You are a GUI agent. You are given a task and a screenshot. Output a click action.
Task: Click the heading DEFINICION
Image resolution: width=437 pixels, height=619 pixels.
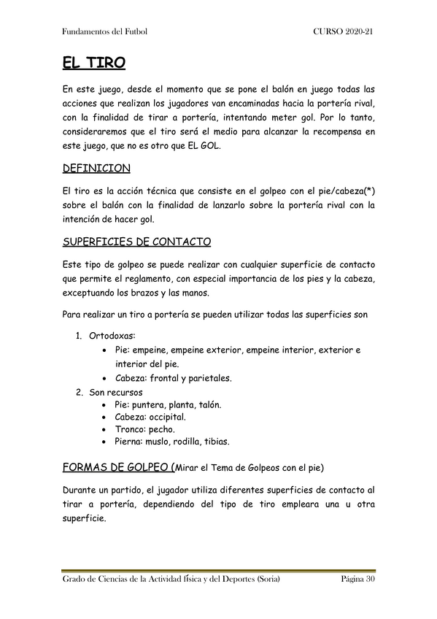click(x=96, y=169)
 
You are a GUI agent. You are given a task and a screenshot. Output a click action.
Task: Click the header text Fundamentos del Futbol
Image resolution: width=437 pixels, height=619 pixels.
click(x=104, y=32)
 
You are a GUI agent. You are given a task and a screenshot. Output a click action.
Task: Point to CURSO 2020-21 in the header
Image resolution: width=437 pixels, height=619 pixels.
click(x=344, y=32)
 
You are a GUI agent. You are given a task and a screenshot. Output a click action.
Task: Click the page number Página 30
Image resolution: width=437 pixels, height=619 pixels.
click(x=357, y=580)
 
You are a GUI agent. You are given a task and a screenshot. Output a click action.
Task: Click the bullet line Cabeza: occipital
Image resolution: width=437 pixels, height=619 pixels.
click(x=150, y=417)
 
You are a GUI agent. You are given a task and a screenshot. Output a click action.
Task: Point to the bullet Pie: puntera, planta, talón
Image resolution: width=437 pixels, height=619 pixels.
click(x=168, y=404)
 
